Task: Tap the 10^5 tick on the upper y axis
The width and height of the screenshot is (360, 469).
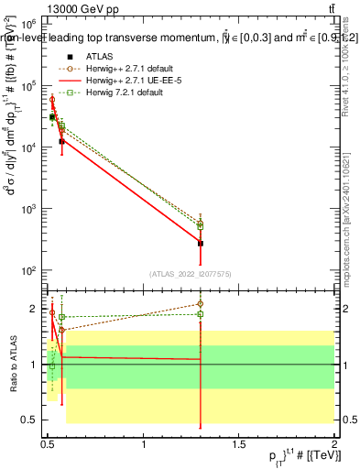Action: pyautogui.click(x=34, y=85)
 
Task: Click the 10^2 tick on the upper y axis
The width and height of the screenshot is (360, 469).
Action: pyautogui.click(x=34, y=271)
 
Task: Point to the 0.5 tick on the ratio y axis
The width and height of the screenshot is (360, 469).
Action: pyautogui.click(x=32, y=420)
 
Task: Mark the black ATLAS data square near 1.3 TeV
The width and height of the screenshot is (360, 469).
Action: pyautogui.click(x=201, y=244)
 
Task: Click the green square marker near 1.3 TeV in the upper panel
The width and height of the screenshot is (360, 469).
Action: pyautogui.click(x=201, y=225)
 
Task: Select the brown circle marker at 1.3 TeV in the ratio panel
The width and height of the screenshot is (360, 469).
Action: pyautogui.click(x=201, y=303)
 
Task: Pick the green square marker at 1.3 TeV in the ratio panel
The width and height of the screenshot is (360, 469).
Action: pyautogui.click(x=201, y=314)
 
